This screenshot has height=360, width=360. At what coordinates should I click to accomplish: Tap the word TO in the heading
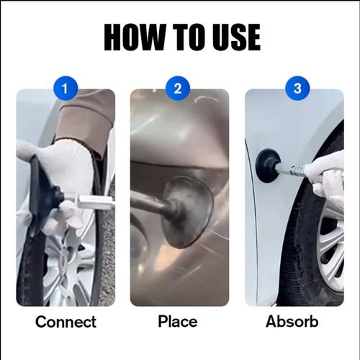[189, 37]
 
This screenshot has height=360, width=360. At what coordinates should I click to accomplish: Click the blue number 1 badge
[66, 89]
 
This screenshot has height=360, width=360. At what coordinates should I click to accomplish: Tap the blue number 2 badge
[179, 89]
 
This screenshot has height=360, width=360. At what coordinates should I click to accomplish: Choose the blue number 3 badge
[293, 89]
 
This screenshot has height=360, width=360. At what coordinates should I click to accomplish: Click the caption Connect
[66, 322]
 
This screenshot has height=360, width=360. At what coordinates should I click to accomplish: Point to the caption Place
[179, 322]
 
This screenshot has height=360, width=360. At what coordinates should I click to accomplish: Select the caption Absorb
[292, 322]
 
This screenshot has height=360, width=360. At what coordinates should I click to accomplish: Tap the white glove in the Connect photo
[68, 169]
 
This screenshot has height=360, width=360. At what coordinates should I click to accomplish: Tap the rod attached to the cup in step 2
[148, 204]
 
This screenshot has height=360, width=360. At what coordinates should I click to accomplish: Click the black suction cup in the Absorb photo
[267, 166]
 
